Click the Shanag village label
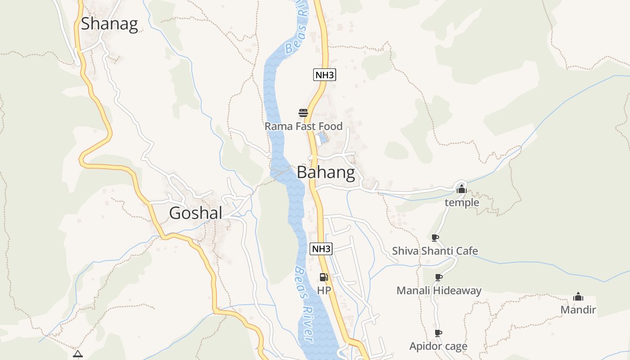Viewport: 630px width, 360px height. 109,24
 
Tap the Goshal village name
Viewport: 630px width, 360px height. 196,213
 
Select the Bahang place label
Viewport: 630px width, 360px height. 326,172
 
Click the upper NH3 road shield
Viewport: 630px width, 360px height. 324,75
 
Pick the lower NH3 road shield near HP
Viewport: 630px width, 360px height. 321,248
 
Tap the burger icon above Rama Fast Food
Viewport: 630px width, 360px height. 303,112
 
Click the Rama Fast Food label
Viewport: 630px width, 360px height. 303,126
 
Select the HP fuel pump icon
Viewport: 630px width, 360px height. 324,277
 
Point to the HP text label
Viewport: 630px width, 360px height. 324,291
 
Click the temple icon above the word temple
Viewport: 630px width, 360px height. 461,189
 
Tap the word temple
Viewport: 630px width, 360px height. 462,203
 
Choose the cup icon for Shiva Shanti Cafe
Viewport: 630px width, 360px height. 435,238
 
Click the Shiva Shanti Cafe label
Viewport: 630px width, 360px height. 435,251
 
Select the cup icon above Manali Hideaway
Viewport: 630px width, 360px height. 439,277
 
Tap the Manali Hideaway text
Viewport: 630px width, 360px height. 439,291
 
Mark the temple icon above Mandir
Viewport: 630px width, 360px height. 578,297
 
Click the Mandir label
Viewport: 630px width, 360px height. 578,310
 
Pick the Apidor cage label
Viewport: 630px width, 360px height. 438,346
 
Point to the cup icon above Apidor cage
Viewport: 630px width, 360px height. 438,333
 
